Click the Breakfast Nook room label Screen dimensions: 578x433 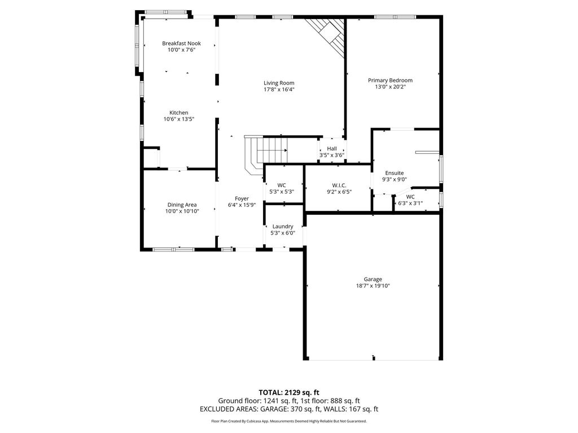(181, 43)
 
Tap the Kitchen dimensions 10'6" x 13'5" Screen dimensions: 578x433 (179, 119)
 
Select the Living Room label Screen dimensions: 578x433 (279, 83)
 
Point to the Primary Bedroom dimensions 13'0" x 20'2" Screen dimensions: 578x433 (390, 87)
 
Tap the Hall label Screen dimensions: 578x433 (332, 148)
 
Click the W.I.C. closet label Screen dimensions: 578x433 (339, 185)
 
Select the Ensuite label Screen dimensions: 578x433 (395, 173)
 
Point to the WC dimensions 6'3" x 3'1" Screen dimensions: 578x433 (410, 203)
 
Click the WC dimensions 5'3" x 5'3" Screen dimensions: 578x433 (282, 192)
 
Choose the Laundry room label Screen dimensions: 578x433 (283, 227)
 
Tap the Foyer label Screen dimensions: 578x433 (242, 198)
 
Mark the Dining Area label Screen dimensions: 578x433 (182, 205)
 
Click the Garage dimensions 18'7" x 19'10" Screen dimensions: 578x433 (373, 286)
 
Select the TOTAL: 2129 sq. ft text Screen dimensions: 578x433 (288, 392)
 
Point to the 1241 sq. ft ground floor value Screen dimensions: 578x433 (275, 401)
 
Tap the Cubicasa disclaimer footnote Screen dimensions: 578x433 (288, 421)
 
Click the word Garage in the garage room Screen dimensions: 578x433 (373, 279)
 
